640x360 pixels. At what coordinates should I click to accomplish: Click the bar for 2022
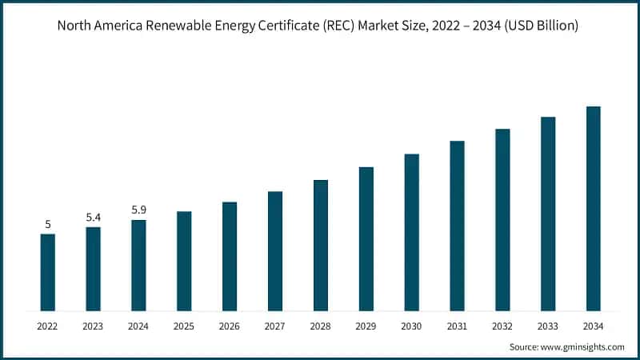[x=48, y=272]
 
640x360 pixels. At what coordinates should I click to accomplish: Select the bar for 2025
[x=184, y=261]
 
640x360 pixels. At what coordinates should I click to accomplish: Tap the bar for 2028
[x=321, y=245]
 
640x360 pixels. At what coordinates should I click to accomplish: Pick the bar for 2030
[x=411, y=232]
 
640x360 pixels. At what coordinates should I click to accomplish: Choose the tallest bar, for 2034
[x=593, y=208]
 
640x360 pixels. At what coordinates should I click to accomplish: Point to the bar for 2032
[x=502, y=219]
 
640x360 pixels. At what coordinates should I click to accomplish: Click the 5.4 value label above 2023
[x=94, y=217]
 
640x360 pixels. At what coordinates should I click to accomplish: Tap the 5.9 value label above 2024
[x=138, y=210]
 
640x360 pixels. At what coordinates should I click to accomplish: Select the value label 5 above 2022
[x=48, y=224]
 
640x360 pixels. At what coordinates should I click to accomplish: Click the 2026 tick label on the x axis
[x=230, y=326]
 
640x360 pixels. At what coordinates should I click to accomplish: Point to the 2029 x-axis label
[x=366, y=326]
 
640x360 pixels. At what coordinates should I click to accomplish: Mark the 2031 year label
[x=457, y=326]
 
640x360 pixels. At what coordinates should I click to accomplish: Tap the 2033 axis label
[x=548, y=326]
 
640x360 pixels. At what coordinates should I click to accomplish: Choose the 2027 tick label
[x=275, y=326]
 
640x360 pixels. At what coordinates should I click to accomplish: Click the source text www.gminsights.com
[x=583, y=347]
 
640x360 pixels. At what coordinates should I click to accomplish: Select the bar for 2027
[x=275, y=250]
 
